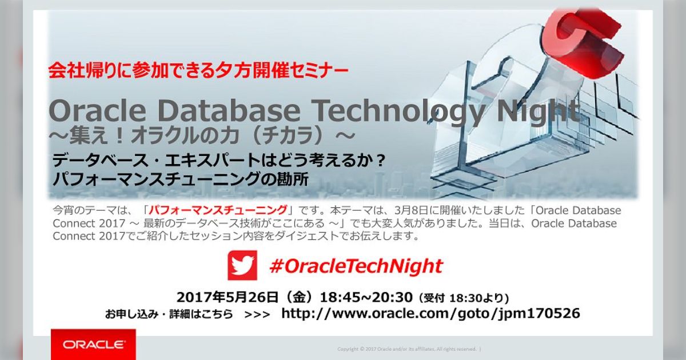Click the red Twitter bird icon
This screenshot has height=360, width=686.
[x=242, y=266]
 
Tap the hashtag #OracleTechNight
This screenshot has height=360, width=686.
[x=356, y=266]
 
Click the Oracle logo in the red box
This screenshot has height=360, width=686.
[x=93, y=345]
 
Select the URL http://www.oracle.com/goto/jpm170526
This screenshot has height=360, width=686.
[x=430, y=313]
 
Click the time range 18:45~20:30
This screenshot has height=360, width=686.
[x=366, y=297]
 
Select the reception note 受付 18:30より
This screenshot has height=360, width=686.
[x=464, y=298]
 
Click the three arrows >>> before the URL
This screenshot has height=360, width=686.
[x=257, y=314]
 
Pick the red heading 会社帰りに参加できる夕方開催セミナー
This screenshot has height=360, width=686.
[x=198, y=71]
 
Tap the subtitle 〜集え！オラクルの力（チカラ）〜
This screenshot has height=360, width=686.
[x=202, y=137]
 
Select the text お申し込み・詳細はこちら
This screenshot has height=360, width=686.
[x=169, y=314]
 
